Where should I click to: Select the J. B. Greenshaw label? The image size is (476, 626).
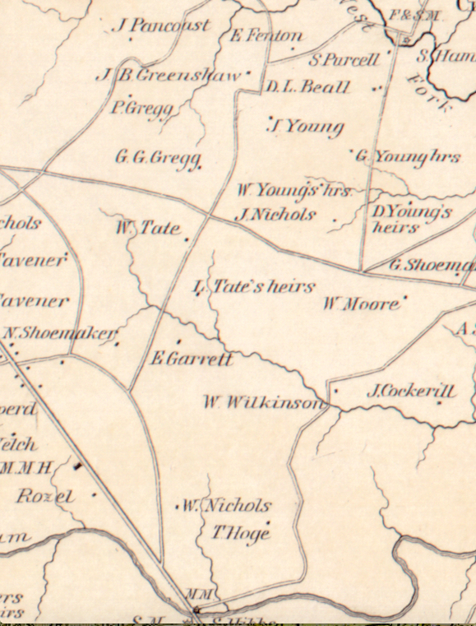point(169,75)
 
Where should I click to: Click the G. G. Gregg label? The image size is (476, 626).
point(158,157)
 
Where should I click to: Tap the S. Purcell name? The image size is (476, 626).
point(344,59)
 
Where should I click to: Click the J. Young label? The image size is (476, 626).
point(307,127)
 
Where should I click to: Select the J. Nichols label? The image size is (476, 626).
point(275,215)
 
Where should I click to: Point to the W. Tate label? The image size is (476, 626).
point(147,227)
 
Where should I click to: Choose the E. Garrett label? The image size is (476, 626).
point(192,359)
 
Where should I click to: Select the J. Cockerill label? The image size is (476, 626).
point(410,392)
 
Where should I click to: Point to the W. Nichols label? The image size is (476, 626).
point(225,505)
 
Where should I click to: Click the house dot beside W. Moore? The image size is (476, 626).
point(404,299)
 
